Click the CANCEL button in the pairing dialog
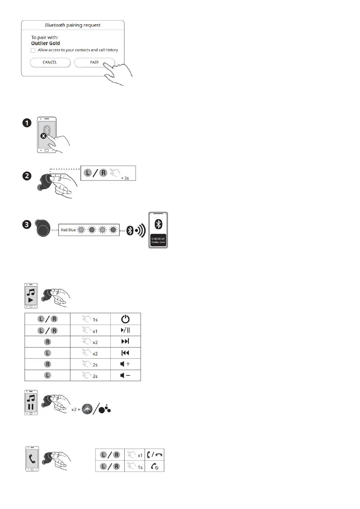tap(50, 63)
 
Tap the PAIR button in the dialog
tap(94, 63)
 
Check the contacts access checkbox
tap(33, 50)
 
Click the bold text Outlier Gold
tap(45, 43)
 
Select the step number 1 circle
tap(27, 123)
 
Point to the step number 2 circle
tap(27, 176)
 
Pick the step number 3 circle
tap(27, 225)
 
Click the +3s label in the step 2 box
tap(125, 178)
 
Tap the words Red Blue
tap(68, 230)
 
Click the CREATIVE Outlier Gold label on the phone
tap(158, 241)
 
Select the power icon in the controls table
tap(125, 319)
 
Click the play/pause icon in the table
tap(125, 330)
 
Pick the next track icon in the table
tap(125, 342)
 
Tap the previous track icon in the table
tap(125, 353)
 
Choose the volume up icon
tap(125, 364)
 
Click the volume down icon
tap(125, 375)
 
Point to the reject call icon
tap(155, 466)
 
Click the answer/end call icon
tap(155, 455)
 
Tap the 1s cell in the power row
tap(90, 319)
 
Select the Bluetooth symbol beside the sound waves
tap(130, 230)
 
